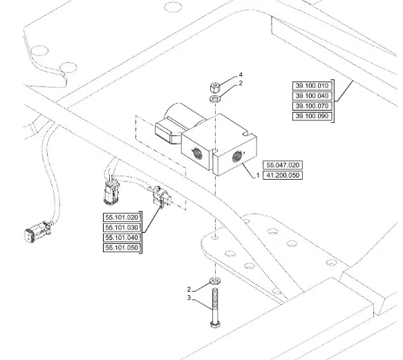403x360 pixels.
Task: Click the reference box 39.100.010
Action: coord(312,86)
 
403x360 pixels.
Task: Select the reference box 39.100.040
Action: coord(312,96)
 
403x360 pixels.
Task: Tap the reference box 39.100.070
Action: coord(312,106)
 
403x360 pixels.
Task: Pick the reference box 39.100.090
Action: coord(312,116)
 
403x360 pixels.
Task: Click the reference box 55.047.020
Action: coord(283,165)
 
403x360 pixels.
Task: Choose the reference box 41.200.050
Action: coord(283,176)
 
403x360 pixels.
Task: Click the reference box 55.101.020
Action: coord(122,218)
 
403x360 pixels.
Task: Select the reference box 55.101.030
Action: coord(122,227)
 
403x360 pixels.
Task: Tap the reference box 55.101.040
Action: coord(122,238)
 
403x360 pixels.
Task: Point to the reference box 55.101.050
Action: coord(122,247)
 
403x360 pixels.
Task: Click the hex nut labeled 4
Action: coord(215,87)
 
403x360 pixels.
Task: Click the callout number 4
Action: coord(241,75)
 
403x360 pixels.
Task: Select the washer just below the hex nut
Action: coord(215,98)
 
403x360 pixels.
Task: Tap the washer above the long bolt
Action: coord(215,281)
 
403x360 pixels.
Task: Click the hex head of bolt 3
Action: coord(215,324)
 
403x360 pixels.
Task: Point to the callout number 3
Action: coord(189,298)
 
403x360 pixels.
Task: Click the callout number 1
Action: coord(258,176)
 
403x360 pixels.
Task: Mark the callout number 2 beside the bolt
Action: coord(189,290)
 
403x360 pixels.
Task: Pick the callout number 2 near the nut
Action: coord(241,83)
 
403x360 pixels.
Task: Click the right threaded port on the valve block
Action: coord(237,156)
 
